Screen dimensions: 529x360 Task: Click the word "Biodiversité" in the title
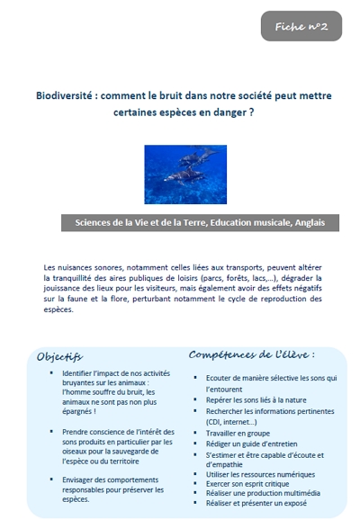coord(65,95)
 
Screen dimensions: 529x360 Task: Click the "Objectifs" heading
coord(59,356)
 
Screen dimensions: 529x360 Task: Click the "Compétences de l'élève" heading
coord(251,354)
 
